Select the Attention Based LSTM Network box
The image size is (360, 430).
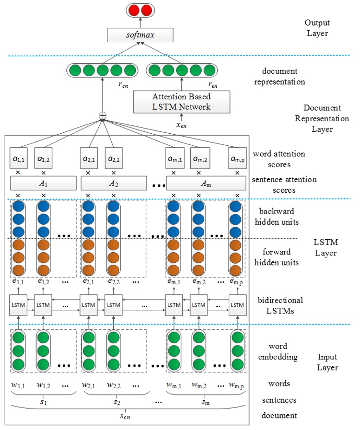click(181, 102)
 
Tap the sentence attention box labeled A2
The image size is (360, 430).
click(114, 183)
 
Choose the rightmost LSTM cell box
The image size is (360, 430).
click(237, 305)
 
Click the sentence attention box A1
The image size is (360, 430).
click(44, 183)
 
